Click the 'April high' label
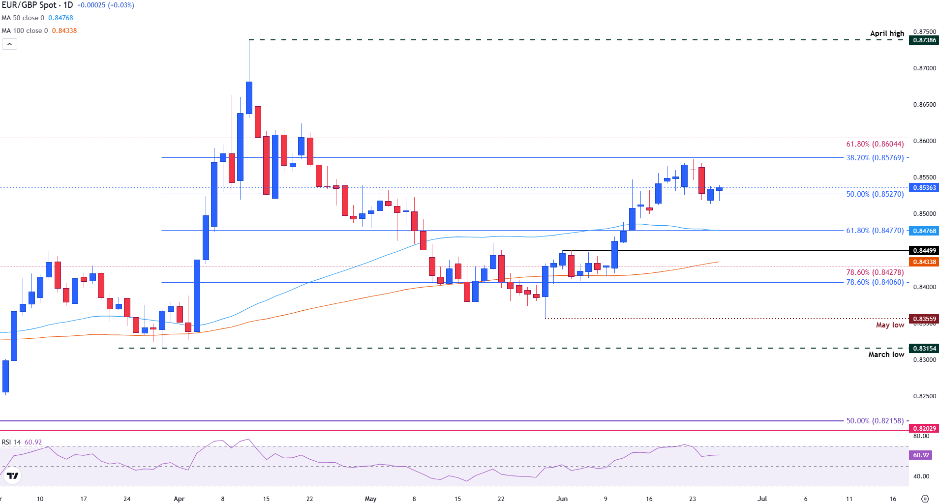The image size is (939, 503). coord(887,33)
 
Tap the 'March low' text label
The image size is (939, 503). coord(886,355)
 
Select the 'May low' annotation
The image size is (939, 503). coord(890,325)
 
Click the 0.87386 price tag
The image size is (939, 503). coord(924,40)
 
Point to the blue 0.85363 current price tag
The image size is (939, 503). coord(924,188)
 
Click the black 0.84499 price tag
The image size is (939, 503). coord(924,251)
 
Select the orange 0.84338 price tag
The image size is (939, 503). coord(924,262)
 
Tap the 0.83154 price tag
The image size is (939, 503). coord(924,349)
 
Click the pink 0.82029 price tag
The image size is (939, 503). coord(924,429)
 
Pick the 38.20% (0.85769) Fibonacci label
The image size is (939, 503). coord(875,158)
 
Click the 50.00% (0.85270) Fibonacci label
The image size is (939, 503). coord(875,194)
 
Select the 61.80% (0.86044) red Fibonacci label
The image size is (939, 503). coord(875,144)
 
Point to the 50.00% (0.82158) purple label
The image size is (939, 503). coord(875,421)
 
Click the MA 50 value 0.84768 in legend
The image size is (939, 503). coord(61,18)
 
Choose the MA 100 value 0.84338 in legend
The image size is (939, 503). coord(64,30)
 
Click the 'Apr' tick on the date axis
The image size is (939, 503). coord(179,499)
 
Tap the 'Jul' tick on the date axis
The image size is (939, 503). coord(762,499)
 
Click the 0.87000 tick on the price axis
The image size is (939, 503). coord(924,68)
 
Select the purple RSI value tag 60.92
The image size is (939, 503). coord(921,455)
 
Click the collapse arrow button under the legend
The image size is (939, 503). coord(9,44)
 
